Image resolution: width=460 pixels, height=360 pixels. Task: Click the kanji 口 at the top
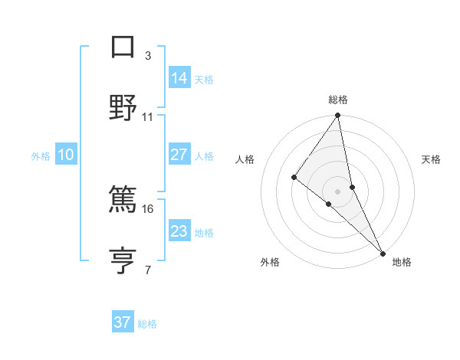[x=123, y=47]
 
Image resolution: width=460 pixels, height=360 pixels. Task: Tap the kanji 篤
[x=123, y=198]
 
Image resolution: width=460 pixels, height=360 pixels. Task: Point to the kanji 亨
[x=123, y=258]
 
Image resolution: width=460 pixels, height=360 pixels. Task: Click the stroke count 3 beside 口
[x=148, y=56]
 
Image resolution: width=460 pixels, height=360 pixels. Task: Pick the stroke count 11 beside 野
[x=148, y=116]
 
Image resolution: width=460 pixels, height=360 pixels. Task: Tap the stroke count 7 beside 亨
[x=148, y=269]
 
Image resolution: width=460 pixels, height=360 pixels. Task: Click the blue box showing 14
[x=179, y=78]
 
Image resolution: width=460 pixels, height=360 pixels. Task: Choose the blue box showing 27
[x=179, y=155]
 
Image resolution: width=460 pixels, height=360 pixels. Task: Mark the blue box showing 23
[x=179, y=231]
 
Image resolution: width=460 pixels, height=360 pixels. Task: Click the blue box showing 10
[x=66, y=155]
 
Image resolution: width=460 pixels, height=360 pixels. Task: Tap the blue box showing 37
[x=123, y=322]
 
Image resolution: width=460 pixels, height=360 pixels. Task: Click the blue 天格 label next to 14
[x=204, y=80]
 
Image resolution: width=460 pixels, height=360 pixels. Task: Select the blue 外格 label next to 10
[x=41, y=156]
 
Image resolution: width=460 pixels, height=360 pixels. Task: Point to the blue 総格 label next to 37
[x=147, y=324]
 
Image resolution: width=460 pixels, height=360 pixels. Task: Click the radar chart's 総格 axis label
[x=338, y=100]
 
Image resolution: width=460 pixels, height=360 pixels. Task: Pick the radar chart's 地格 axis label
[x=402, y=262]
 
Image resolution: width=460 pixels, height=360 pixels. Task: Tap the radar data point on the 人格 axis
[x=294, y=178]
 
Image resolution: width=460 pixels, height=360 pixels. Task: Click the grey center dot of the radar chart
[x=338, y=191]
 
